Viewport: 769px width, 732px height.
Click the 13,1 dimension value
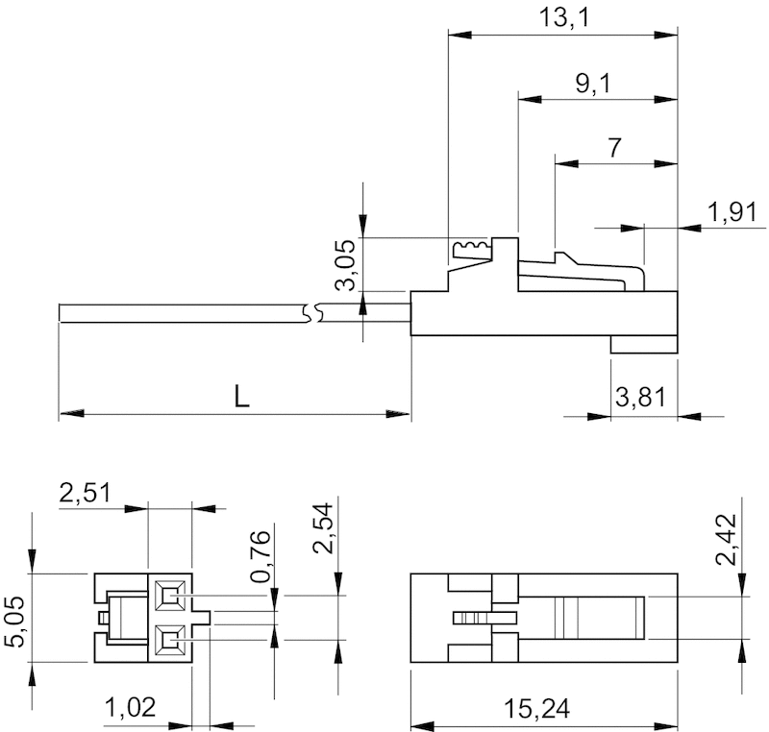[564, 17]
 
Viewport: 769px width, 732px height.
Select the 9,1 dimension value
[593, 84]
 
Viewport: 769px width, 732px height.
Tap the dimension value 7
[614, 148]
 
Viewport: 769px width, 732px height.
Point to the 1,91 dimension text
[732, 212]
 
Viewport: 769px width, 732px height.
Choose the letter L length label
[241, 397]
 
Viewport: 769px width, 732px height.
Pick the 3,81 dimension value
[641, 397]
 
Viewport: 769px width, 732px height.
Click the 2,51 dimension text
[86, 493]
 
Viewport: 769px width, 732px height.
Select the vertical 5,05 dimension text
[14, 622]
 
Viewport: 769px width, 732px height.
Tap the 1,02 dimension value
[131, 707]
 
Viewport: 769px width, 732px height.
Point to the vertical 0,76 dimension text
[260, 556]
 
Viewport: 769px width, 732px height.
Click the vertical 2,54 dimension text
[324, 528]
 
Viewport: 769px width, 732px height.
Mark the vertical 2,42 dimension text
[727, 540]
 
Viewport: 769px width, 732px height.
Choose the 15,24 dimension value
[537, 709]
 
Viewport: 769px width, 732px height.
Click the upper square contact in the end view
[170, 596]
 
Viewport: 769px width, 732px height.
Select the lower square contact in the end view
[170, 640]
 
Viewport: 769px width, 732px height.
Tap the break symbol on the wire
[312, 313]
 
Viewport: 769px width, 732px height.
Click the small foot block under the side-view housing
[644, 344]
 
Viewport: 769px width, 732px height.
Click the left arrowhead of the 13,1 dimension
[460, 35]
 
